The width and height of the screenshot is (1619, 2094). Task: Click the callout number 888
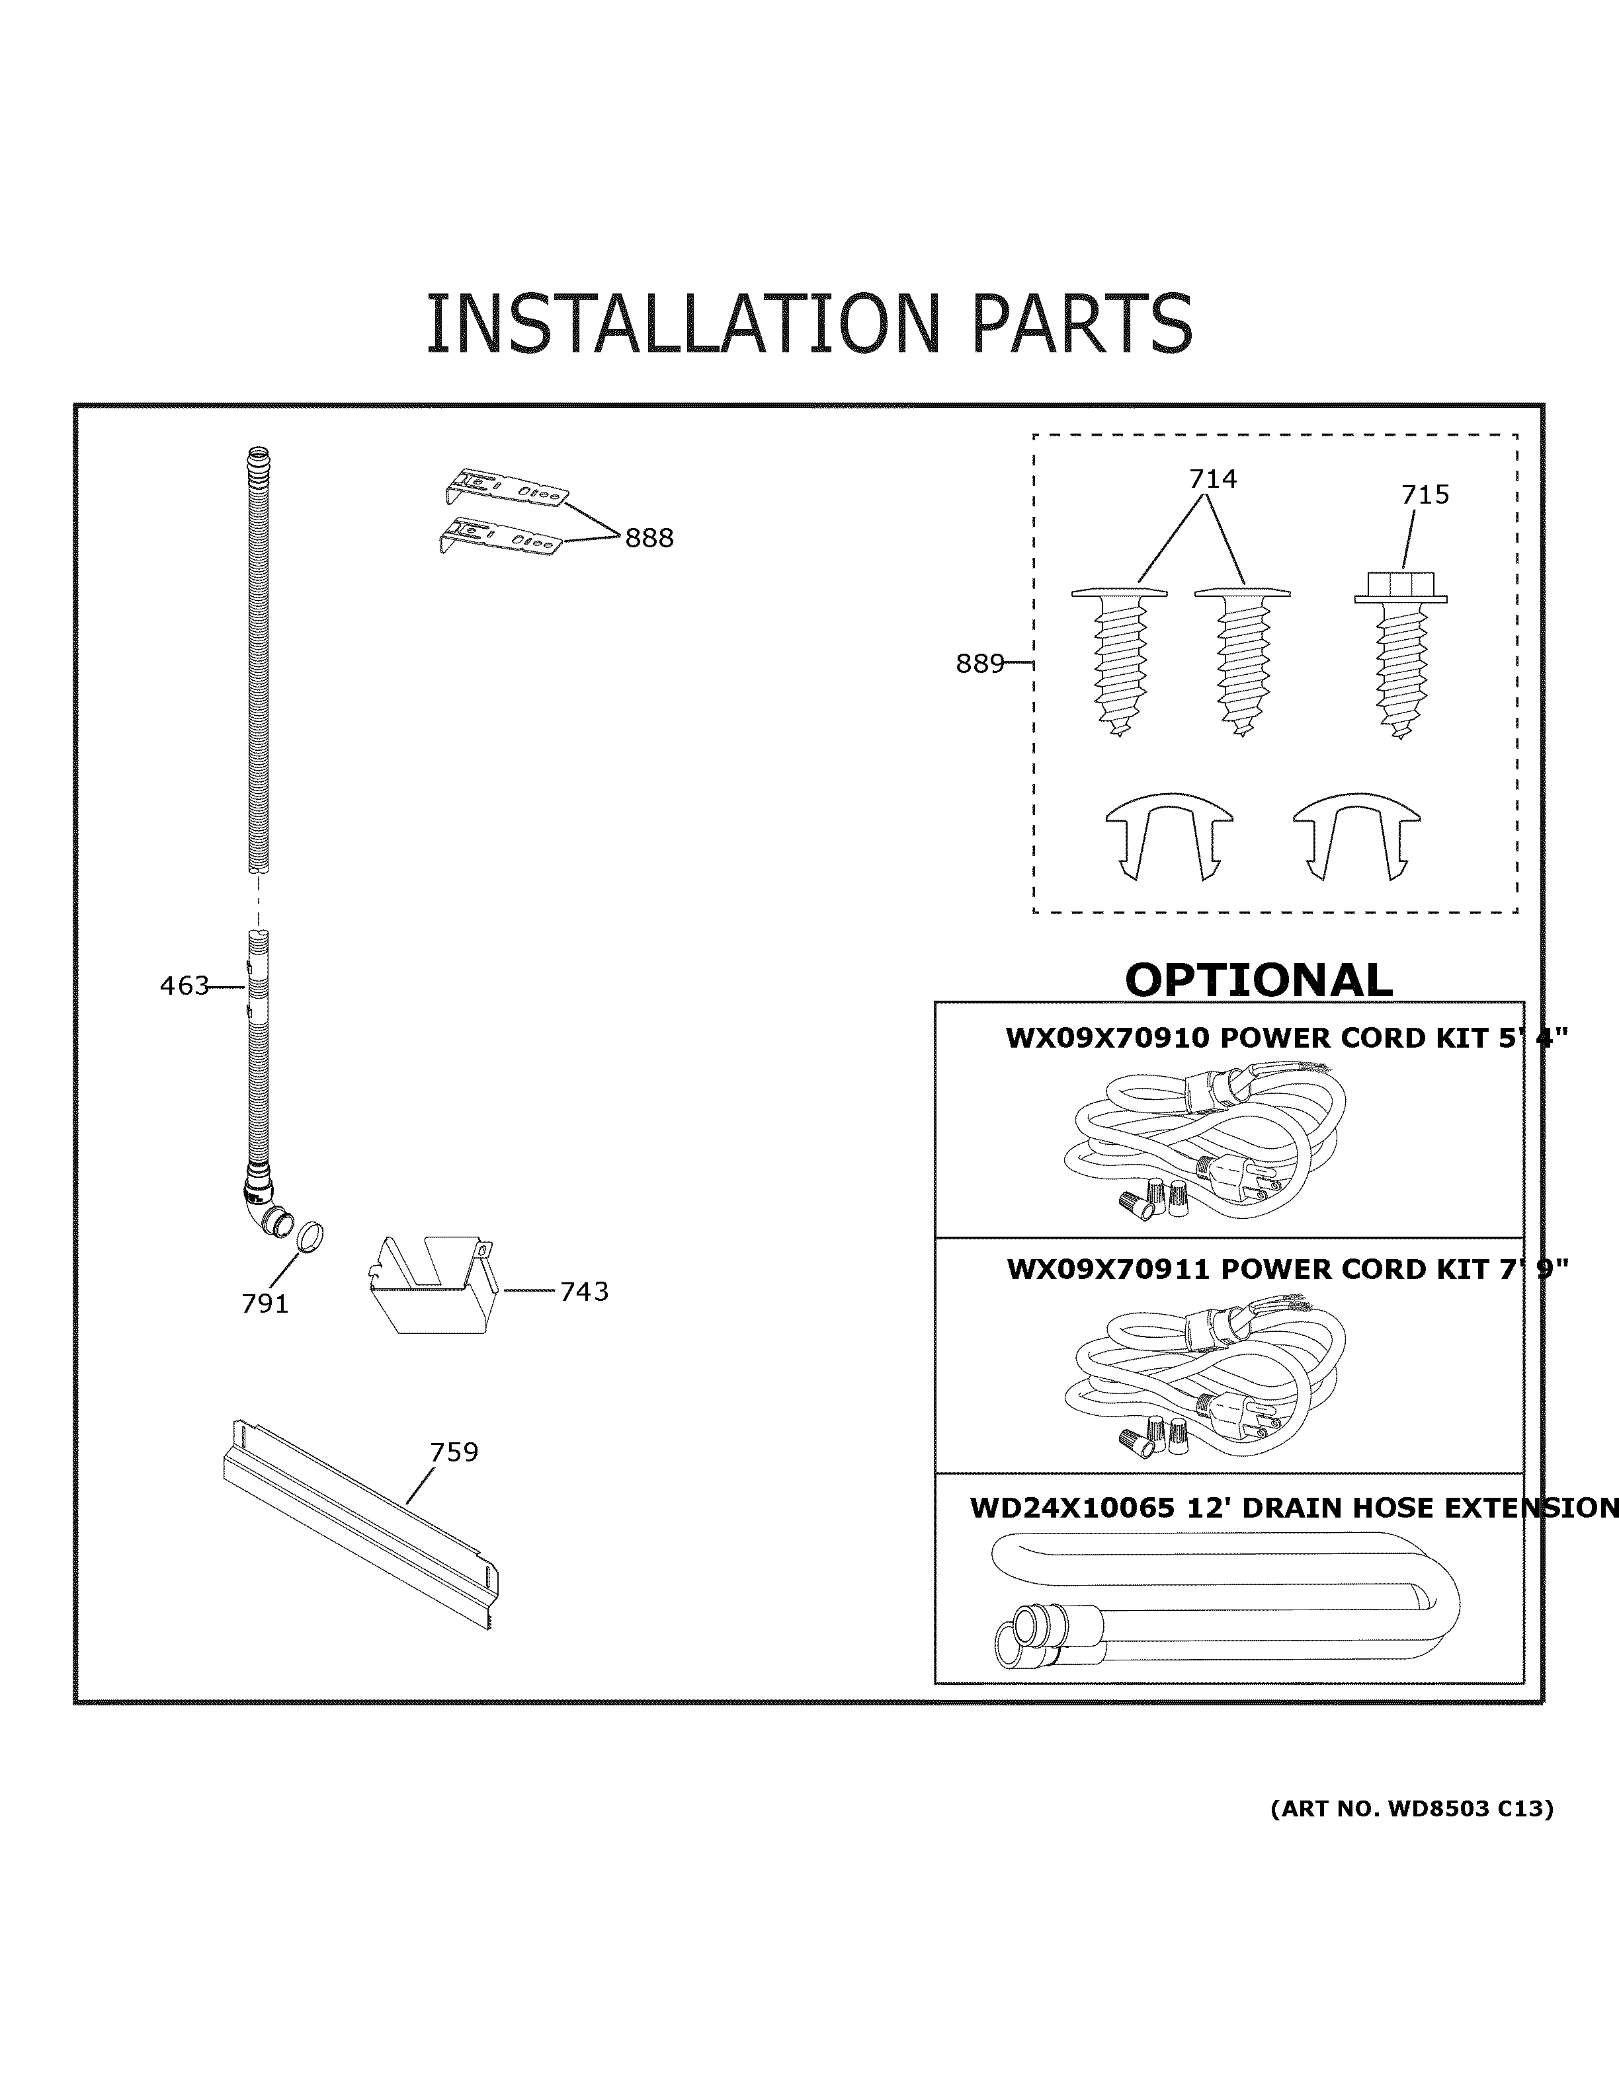pyautogui.click(x=649, y=539)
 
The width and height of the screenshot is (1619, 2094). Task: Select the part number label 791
pyautogui.click(x=265, y=1304)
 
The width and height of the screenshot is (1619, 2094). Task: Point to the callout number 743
pyautogui.click(x=584, y=1292)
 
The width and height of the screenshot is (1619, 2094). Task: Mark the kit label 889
pyautogui.click(x=979, y=664)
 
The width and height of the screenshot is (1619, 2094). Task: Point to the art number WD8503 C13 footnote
pyautogui.click(x=1412, y=1809)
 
